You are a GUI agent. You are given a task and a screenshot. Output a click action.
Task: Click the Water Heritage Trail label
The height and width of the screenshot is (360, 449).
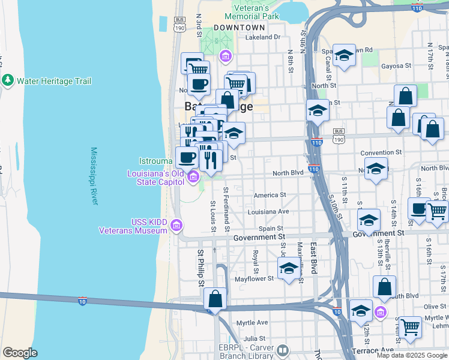(53, 80)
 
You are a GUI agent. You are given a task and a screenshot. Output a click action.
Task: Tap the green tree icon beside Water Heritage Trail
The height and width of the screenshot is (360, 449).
(8, 80)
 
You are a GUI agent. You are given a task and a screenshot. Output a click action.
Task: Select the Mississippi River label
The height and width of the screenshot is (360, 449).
(94, 176)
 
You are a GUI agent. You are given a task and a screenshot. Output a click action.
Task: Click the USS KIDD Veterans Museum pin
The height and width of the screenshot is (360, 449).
(176, 226)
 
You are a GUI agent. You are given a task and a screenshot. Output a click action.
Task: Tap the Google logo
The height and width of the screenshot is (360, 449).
(20, 353)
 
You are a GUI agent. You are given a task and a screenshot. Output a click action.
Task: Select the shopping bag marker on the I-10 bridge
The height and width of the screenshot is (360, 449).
(215, 298)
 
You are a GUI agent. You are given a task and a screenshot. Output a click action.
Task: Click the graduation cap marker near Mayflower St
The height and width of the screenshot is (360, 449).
(289, 268)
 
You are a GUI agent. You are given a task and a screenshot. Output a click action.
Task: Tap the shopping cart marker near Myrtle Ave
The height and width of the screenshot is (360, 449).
(411, 328)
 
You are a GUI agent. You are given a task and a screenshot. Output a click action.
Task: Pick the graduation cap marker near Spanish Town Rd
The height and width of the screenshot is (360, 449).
(345, 55)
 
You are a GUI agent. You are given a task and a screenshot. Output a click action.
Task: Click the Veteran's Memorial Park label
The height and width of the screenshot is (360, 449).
(252, 13)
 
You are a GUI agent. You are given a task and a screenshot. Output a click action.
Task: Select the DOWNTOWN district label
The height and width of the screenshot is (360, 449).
(239, 28)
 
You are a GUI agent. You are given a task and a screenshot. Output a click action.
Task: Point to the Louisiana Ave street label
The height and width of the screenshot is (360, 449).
(268, 212)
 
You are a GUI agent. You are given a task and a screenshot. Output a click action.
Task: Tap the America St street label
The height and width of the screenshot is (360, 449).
(270, 195)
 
